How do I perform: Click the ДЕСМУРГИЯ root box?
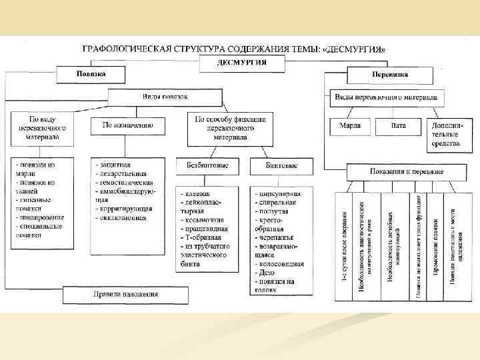242,63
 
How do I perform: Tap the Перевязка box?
390,74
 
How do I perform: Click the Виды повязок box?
165,97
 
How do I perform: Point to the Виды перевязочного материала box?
386,97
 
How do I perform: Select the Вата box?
398,125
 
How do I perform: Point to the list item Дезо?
265,273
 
